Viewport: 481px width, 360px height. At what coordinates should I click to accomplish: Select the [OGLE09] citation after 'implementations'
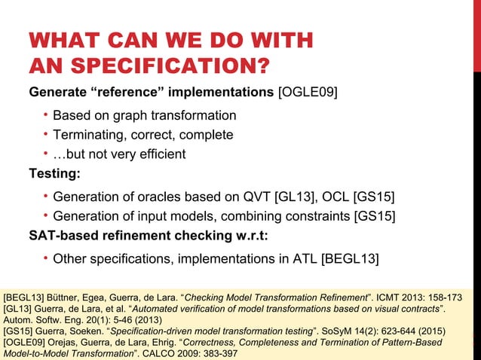pos(308,93)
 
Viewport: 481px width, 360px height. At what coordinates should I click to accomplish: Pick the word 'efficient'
pos(159,155)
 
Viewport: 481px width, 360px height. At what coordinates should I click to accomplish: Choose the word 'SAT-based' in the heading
pos(63,236)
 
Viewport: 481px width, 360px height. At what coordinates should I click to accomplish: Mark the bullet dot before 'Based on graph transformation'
pos(45,115)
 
